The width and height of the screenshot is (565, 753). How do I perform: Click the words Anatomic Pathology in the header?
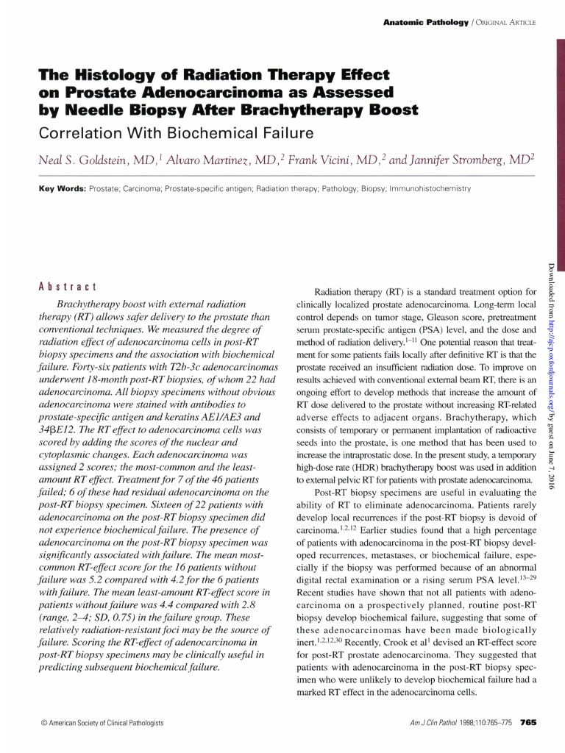coord(425,23)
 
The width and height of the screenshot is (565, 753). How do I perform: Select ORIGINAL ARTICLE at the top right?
coord(505,23)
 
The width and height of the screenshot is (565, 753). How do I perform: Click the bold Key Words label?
coord(62,189)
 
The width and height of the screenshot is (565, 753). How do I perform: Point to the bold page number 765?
coord(527,723)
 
